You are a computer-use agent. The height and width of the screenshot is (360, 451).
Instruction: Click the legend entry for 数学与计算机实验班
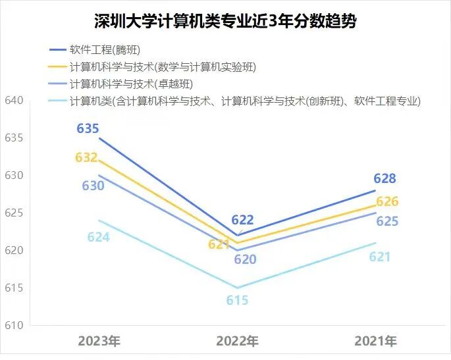point(162,66)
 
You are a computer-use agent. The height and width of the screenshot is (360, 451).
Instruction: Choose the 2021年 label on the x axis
point(375,341)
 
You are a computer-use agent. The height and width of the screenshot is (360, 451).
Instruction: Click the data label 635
point(88,128)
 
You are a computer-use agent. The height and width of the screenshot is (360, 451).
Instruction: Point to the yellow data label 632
point(86,157)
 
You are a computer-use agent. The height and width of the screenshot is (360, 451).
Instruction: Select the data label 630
point(93,186)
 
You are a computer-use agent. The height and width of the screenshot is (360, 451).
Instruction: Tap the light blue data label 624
point(98,237)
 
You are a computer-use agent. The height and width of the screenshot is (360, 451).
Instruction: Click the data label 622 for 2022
point(242,220)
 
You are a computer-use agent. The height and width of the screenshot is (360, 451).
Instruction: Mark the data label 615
point(237,300)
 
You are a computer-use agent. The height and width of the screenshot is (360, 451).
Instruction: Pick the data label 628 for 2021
point(385,178)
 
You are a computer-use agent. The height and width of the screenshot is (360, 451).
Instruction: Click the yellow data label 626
point(387,201)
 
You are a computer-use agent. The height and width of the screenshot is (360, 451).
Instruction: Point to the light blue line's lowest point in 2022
point(237,288)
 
